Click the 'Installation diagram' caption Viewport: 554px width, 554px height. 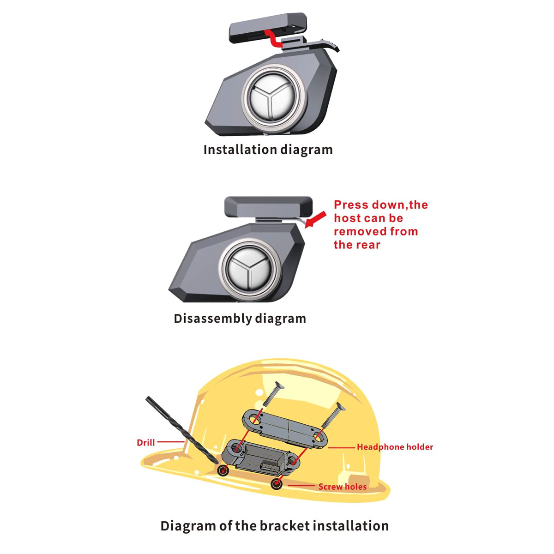point(268,150)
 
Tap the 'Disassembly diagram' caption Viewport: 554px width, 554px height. point(240,319)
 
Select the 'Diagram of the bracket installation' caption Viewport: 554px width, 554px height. point(274,526)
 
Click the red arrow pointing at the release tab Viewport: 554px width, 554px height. point(316,220)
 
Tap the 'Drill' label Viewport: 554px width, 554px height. point(145,442)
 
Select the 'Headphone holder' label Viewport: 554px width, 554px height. point(395,447)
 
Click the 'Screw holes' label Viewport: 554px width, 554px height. point(342,487)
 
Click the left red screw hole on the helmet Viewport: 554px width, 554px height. point(224,470)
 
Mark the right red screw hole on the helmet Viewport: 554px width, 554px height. point(277,484)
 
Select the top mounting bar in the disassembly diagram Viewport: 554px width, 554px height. point(268,206)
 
